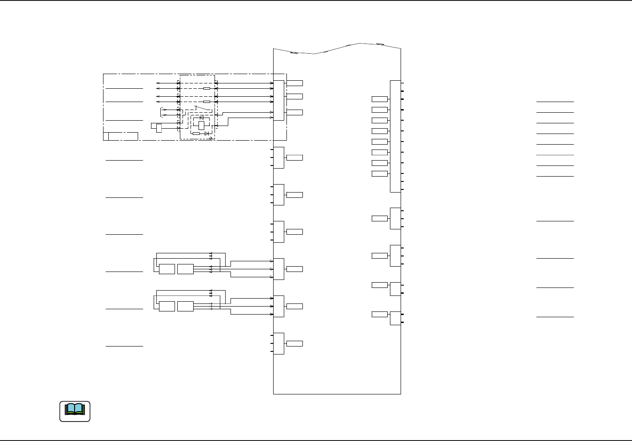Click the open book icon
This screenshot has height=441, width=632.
75,411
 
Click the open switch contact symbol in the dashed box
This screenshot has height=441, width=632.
203,108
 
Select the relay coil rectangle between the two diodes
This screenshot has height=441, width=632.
201,125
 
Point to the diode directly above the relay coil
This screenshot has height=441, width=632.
202,117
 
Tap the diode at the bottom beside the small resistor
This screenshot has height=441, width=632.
207,134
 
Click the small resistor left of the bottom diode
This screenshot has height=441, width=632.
196,134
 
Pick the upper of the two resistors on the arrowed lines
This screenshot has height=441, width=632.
207,88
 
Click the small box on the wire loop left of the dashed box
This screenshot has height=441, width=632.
159,128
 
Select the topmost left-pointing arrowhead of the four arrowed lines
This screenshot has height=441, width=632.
157,83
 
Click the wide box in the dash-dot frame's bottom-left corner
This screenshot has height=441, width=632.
123,136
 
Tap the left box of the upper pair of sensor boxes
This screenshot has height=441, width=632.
167,269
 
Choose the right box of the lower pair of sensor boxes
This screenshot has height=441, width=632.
185,306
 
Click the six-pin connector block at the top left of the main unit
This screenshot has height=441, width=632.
278,100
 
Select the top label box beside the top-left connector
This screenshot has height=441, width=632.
294,83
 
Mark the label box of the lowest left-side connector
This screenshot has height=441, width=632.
294,343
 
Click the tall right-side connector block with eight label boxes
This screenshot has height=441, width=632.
395,136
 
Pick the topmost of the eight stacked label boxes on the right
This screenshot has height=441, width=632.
379,99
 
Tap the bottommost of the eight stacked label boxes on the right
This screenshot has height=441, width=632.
379,173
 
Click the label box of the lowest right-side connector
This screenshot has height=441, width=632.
379,315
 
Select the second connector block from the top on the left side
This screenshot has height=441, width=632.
278,157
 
